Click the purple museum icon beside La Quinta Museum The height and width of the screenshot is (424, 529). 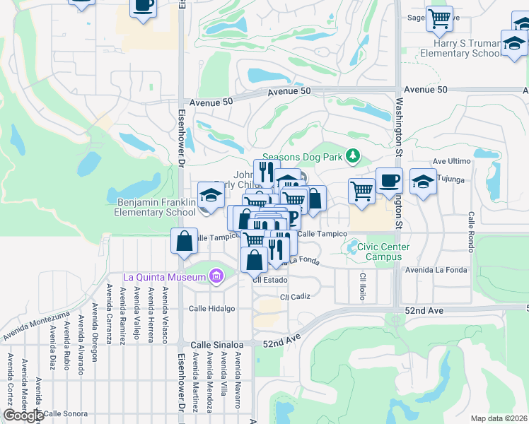point(216,276)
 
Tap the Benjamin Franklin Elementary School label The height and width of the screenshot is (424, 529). point(156,207)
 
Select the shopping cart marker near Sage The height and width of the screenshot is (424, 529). point(440,18)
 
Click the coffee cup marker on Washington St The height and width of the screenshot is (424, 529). point(389,181)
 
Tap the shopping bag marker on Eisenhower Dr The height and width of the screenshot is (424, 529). point(184,242)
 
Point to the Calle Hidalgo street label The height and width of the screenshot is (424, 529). point(211,309)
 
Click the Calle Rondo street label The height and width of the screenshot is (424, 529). point(470,230)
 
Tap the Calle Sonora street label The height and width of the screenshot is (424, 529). point(66,413)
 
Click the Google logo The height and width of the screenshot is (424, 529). point(23,416)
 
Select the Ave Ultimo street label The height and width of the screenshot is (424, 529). point(451,161)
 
